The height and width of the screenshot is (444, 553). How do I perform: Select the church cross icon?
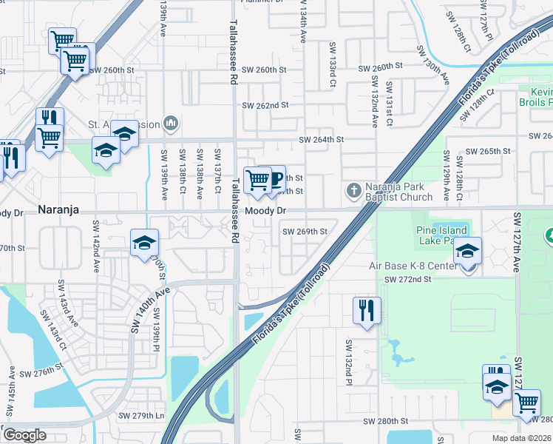(353, 192)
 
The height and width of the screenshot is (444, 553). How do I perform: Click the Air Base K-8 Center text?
(411, 266)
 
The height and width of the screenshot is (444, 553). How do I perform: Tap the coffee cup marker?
(274, 178)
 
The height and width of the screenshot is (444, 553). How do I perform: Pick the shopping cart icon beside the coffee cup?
(257, 179)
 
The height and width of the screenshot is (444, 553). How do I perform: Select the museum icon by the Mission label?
(171, 121)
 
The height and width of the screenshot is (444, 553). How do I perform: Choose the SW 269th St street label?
(305, 231)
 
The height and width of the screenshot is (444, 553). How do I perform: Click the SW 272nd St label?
(407, 279)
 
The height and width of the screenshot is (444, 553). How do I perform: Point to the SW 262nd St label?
(265, 106)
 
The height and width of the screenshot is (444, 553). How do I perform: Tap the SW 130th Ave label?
(433, 65)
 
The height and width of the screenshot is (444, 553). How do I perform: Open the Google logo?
(24, 435)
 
